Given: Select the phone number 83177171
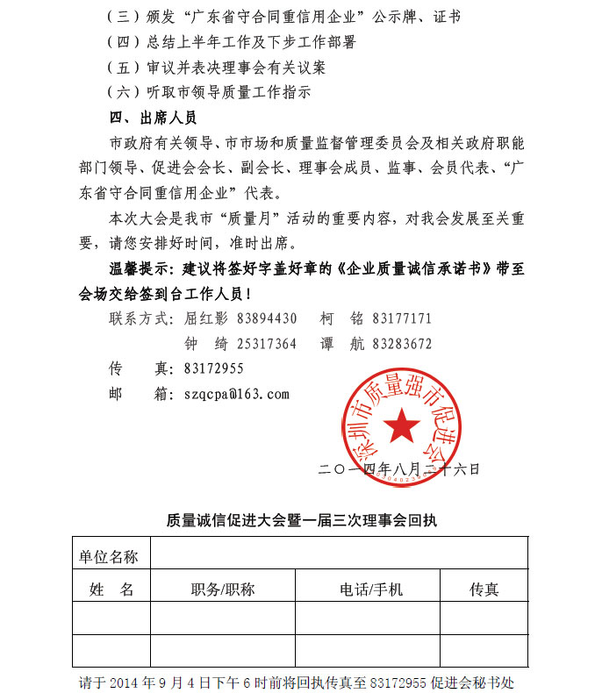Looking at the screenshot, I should point(402,318).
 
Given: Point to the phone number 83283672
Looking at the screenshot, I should point(402,344).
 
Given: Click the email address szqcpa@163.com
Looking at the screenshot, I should point(237,395).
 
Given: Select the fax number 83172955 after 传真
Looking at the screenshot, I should point(214,369).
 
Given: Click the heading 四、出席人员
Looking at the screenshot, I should point(153,117).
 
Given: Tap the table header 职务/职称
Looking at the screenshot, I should point(223,589).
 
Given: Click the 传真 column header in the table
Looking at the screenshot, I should point(484,589).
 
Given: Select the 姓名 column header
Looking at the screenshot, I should point(112,589).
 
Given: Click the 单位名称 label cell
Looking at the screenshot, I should point(109,556).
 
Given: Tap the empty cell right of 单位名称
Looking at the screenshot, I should point(339,554).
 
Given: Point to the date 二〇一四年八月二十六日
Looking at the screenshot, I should point(400,470).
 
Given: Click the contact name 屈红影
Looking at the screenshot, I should point(205,318).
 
